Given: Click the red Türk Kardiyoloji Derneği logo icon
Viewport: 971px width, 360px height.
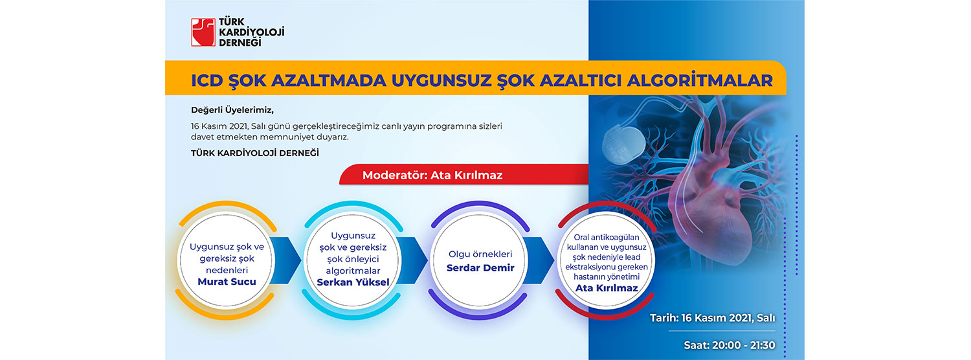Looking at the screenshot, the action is (x=203, y=32).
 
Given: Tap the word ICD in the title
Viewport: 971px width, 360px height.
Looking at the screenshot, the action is (x=207, y=81).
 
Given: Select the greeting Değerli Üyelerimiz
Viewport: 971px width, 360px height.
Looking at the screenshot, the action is (x=232, y=110).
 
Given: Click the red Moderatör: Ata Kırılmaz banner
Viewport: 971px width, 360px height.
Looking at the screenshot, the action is (x=464, y=174).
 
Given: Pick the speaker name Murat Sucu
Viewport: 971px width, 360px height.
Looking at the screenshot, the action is (x=227, y=282).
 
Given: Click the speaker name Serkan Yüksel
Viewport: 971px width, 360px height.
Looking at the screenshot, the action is (x=353, y=282).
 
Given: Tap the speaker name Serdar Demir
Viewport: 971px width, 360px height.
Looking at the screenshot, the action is (x=480, y=267).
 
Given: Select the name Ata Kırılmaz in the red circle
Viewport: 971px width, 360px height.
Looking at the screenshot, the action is (x=607, y=288).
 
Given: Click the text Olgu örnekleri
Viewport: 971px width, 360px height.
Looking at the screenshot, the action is (x=480, y=254).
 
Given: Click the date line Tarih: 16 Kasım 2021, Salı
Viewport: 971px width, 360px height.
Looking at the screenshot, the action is (x=712, y=318).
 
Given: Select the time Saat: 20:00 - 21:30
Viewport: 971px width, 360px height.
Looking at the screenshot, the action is (x=729, y=345).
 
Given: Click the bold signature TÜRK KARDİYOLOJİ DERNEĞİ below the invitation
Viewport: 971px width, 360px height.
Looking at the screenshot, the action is (x=255, y=153).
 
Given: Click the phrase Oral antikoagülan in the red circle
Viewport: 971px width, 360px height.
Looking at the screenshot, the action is (x=607, y=237).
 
